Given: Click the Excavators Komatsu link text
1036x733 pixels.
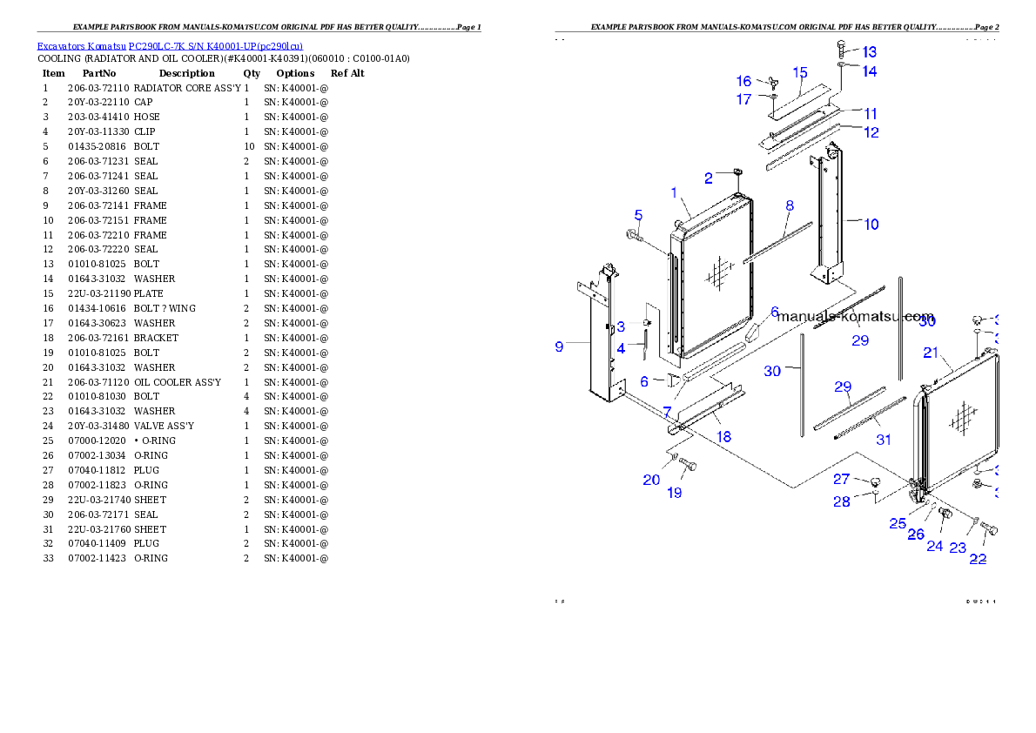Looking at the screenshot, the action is click(170, 46).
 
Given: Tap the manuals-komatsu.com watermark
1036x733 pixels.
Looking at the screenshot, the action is click(857, 317).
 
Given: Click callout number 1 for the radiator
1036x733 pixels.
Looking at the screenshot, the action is click(674, 192).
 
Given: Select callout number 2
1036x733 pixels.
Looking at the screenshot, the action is click(709, 178).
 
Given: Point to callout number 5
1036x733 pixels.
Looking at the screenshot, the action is click(638, 214).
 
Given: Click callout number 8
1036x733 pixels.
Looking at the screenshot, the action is click(790, 205).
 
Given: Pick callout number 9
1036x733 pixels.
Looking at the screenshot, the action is click(560, 346).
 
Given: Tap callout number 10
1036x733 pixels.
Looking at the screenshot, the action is click(871, 224).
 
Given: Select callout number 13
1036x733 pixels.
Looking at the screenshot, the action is click(870, 52).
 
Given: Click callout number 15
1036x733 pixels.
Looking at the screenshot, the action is click(799, 72).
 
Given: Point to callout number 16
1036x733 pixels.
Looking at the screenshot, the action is click(744, 81).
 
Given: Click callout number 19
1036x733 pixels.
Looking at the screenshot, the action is click(675, 493).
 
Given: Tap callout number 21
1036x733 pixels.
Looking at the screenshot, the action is click(931, 353).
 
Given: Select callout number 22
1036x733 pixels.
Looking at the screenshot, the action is click(978, 559).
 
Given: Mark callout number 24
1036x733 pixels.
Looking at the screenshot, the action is click(934, 546).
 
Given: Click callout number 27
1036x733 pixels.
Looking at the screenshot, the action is click(841, 479).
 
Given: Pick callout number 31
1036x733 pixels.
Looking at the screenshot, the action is click(884, 440).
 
